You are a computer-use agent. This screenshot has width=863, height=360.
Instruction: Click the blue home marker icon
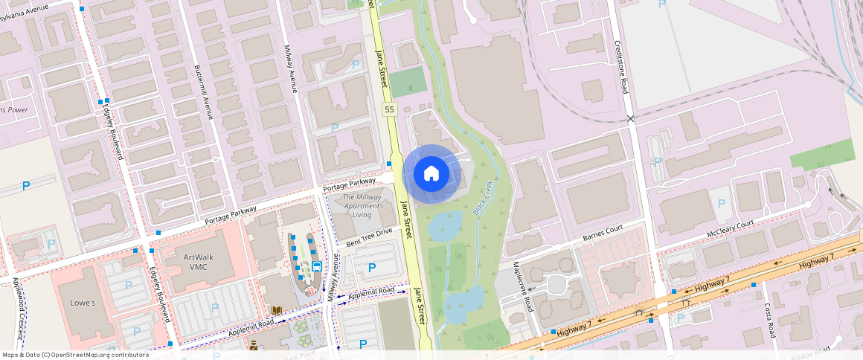click(431, 174)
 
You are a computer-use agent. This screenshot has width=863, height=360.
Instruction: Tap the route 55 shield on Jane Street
click(389, 110)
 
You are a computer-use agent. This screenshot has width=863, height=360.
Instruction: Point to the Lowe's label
click(83, 303)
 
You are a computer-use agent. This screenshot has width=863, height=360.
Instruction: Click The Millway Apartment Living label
click(362, 205)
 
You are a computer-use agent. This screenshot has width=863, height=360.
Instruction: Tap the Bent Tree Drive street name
click(369, 237)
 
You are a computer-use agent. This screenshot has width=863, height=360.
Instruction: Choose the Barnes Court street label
click(601, 234)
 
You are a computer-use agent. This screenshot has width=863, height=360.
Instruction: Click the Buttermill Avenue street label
click(203, 92)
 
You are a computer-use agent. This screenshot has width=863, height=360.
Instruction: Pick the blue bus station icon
click(317, 266)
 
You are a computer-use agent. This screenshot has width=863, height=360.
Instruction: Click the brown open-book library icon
click(276, 310)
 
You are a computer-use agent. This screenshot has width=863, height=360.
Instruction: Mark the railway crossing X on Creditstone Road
click(630, 118)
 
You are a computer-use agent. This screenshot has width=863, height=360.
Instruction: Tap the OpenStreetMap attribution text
click(75, 355)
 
